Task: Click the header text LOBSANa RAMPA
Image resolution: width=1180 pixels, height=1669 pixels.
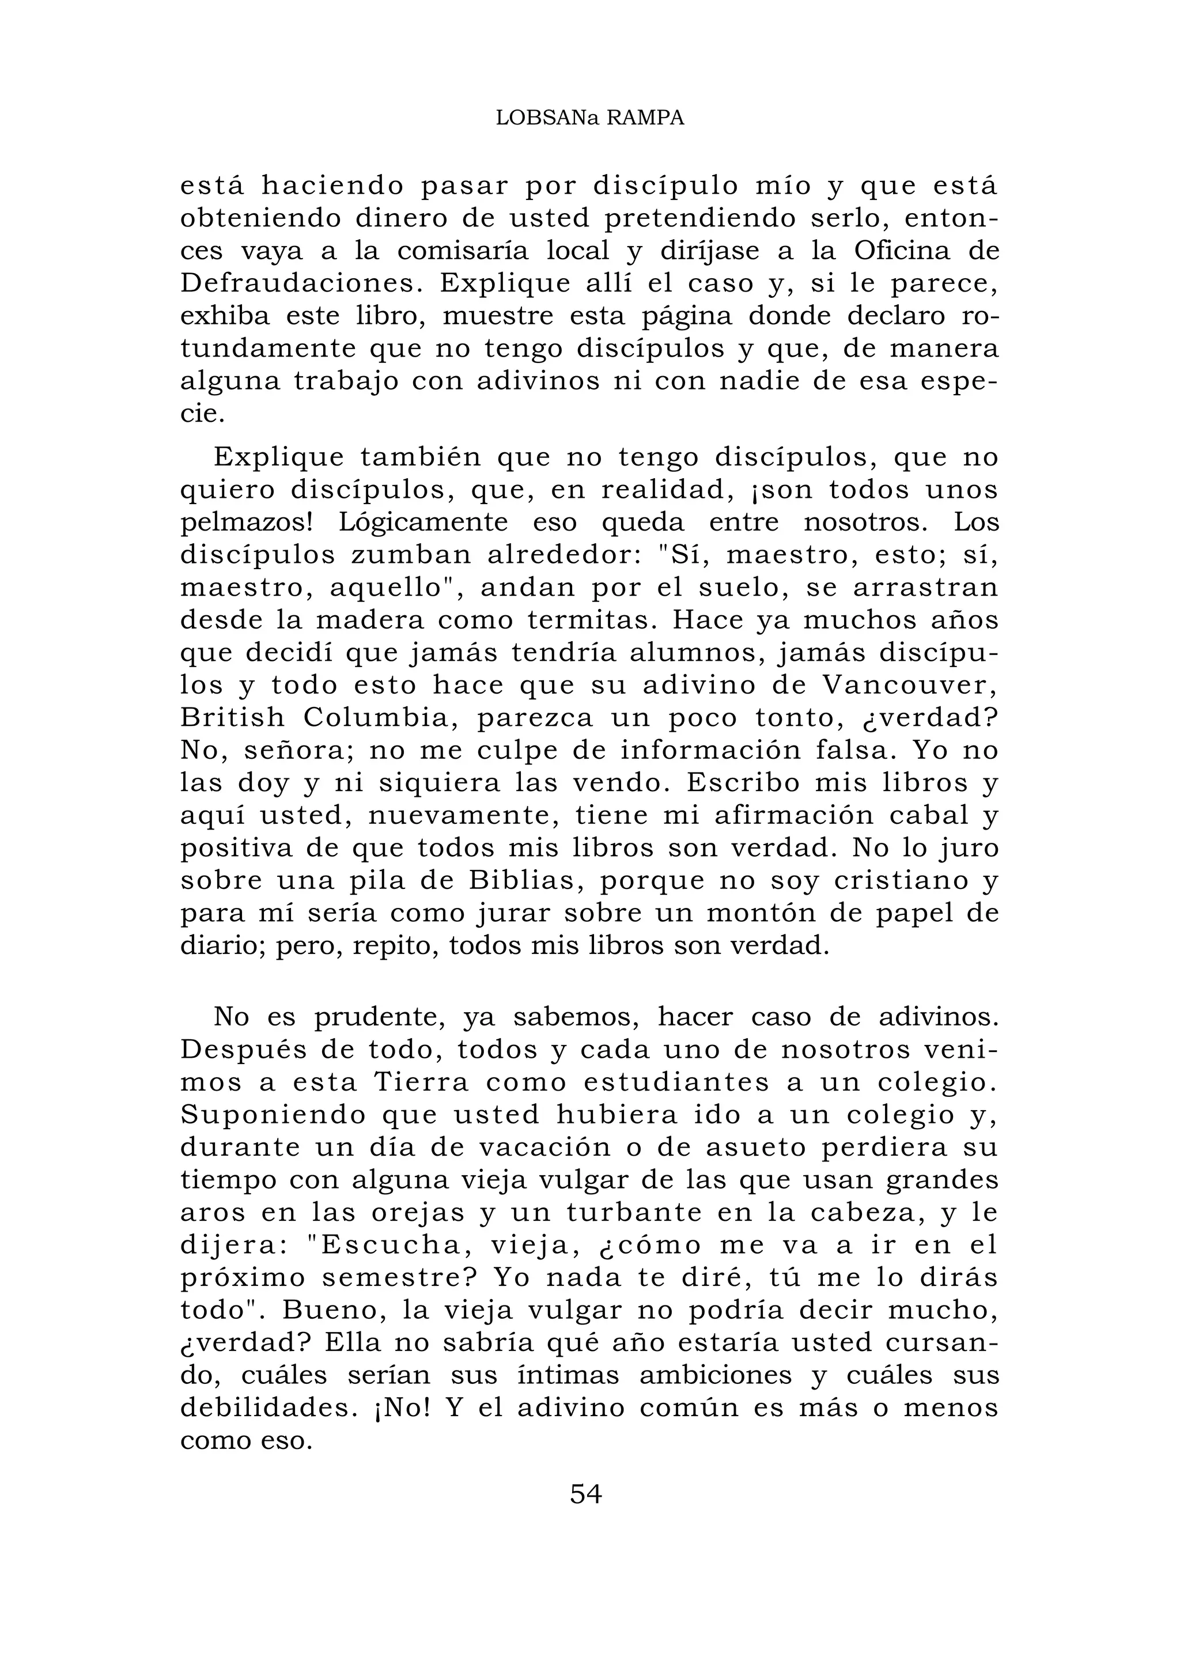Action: coord(589,119)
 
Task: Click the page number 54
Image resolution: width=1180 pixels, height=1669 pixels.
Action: coord(586,1494)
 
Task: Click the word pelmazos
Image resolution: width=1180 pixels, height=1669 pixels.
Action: coord(246,523)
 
